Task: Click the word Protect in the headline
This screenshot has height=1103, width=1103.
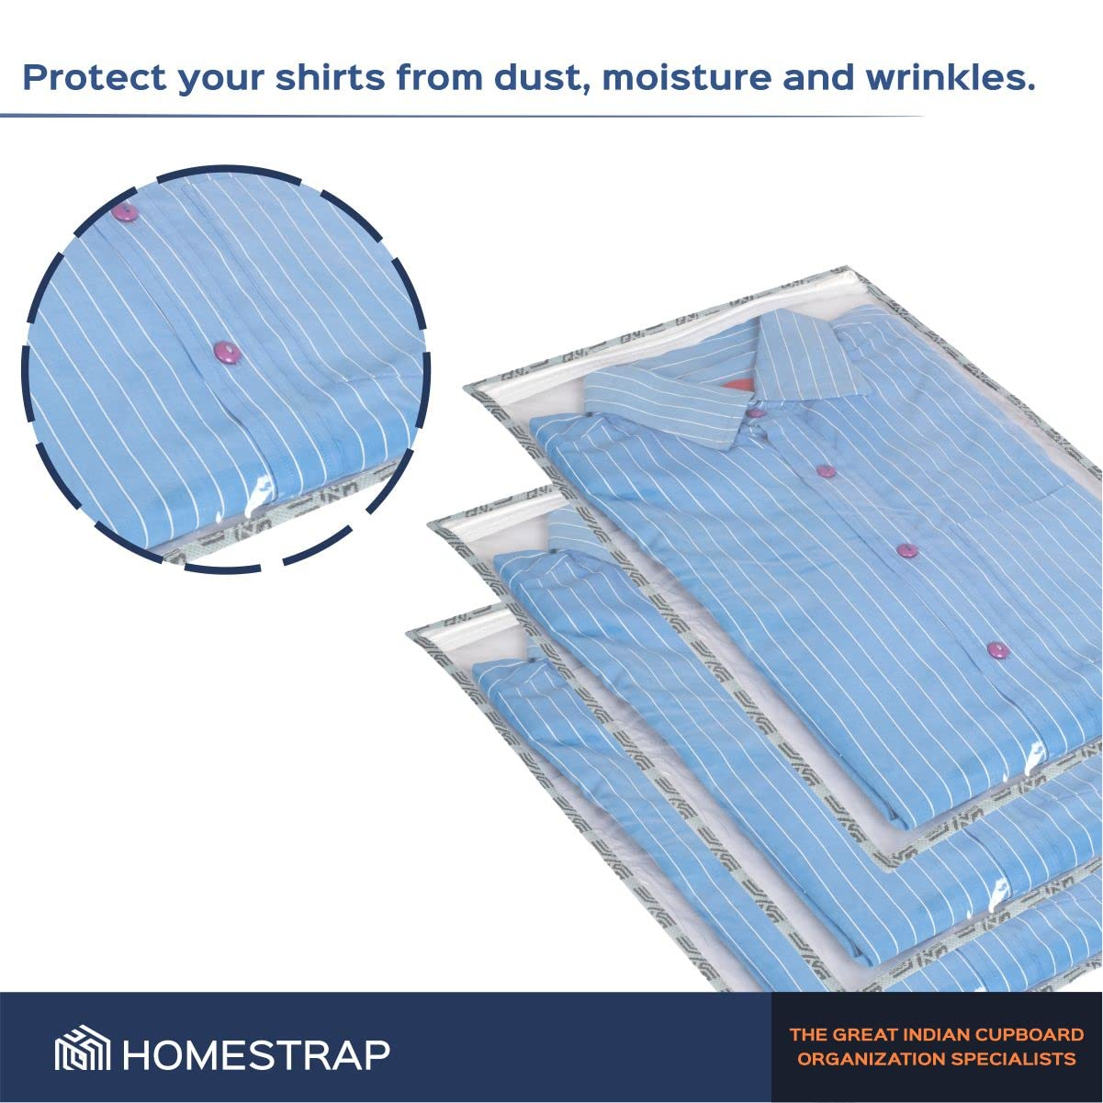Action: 95,78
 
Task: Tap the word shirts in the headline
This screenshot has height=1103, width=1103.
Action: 330,77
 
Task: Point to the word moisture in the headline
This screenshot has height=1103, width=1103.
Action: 686,78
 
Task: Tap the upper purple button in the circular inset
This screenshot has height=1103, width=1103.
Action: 125,213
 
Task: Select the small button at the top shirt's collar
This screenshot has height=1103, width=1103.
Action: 756,412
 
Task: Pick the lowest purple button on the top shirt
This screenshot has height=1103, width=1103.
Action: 997,650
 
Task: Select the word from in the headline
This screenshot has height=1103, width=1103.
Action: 440,78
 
